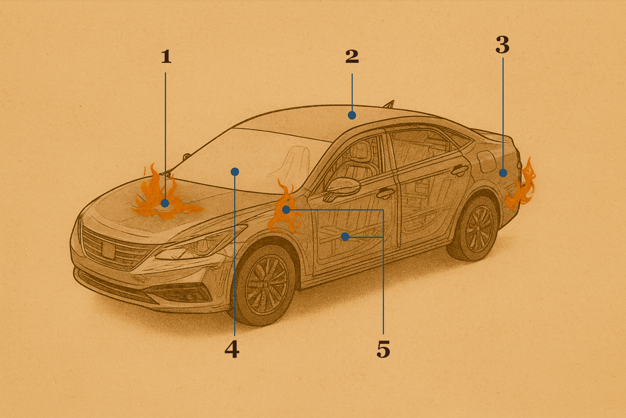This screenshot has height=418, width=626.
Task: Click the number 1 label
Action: [x=167, y=56]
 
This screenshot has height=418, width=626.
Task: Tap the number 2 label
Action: [x=352, y=56]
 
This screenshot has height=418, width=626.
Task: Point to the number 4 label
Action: [x=232, y=349]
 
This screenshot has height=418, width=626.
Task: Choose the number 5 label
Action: [x=383, y=349]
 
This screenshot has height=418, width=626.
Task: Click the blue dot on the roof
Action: [x=352, y=115]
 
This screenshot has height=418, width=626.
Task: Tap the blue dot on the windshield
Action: [x=235, y=171]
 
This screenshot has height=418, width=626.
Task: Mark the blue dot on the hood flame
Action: [x=165, y=203]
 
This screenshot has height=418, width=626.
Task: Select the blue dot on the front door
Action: [x=345, y=237]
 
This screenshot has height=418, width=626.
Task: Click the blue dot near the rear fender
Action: [x=503, y=173]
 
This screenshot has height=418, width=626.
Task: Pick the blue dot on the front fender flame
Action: [x=286, y=210]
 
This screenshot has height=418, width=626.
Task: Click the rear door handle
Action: [x=460, y=169]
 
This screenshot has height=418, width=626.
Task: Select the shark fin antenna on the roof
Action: [x=390, y=104]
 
